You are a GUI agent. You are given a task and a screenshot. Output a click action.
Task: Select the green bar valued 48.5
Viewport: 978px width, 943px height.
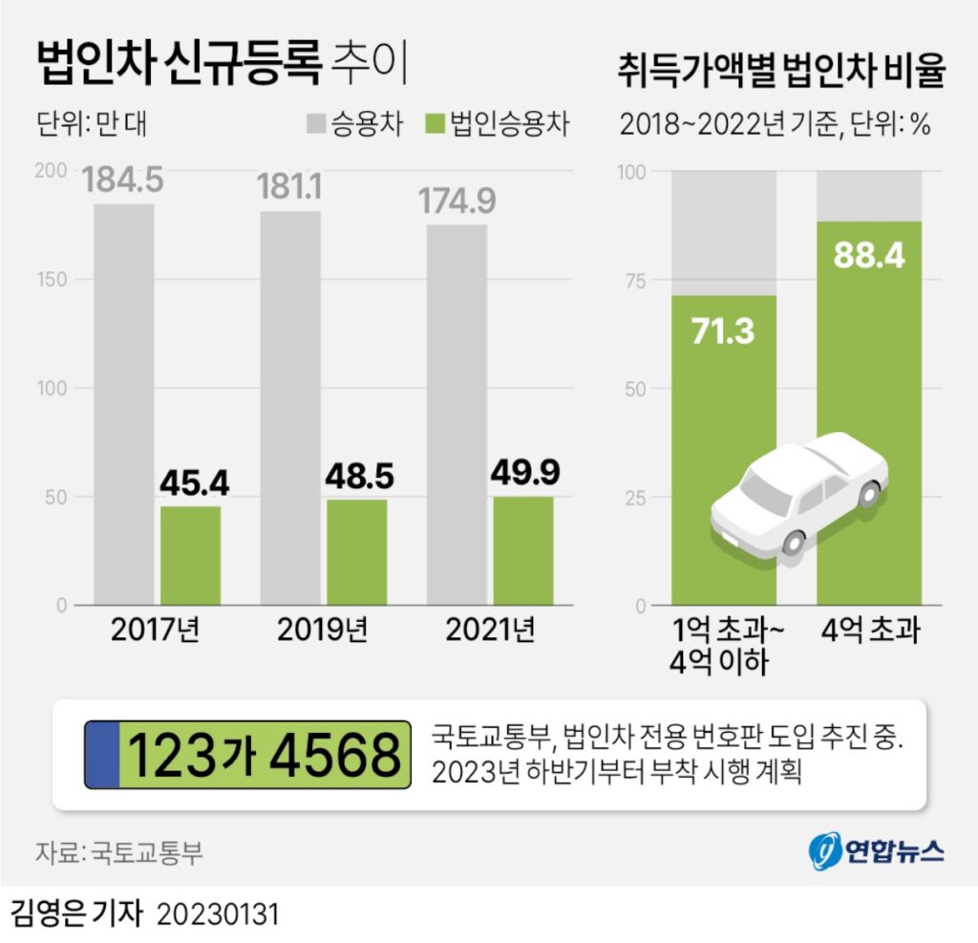click(356, 552)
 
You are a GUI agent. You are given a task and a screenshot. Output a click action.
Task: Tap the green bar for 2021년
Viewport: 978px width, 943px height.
click(523, 550)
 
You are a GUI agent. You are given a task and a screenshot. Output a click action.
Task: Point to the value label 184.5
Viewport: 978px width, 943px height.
click(123, 180)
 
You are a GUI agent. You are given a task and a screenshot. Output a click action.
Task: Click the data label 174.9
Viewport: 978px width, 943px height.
click(457, 202)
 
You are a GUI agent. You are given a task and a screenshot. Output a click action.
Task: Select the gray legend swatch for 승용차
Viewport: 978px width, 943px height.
click(316, 124)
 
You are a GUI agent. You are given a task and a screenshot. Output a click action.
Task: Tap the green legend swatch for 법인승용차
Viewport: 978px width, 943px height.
click(435, 124)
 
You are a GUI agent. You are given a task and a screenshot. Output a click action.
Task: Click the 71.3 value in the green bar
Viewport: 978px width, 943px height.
click(722, 331)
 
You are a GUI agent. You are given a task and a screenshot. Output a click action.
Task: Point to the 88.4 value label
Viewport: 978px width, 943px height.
click(868, 255)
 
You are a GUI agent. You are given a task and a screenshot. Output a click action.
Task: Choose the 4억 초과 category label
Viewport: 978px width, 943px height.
click(868, 631)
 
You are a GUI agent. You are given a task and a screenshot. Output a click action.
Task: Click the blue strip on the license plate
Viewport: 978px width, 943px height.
click(102, 754)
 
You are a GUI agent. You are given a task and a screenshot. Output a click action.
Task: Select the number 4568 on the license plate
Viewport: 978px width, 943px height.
click(334, 755)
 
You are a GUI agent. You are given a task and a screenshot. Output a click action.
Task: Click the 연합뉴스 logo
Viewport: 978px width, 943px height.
click(878, 851)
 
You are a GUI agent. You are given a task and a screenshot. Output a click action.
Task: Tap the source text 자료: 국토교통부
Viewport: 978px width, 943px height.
click(119, 852)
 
